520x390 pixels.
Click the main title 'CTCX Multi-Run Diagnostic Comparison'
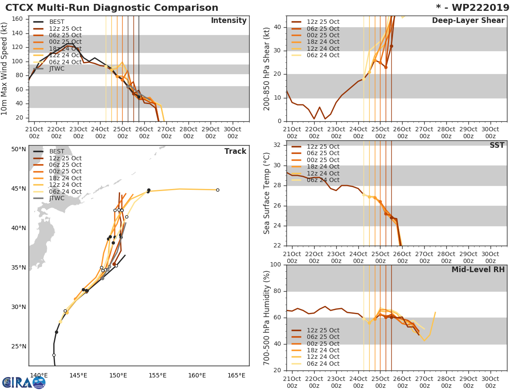[112, 8]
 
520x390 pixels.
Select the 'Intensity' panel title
[228, 21]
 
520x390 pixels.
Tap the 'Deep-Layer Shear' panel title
[468, 21]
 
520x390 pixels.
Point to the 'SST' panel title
[497, 146]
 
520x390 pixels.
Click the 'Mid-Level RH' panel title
[478, 270]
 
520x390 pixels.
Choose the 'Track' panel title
[235, 151]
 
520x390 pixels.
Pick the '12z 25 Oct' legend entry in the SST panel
[323, 146]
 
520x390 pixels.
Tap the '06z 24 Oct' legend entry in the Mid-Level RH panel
[323, 364]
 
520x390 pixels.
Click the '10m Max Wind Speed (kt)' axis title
[5, 68]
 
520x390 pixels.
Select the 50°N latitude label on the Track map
[18, 149]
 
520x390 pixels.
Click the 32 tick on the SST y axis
[277, 145]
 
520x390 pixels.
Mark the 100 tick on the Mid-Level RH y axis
[276, 265]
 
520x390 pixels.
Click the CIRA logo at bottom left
[24, 382]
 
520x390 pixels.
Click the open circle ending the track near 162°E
[218, 190]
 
